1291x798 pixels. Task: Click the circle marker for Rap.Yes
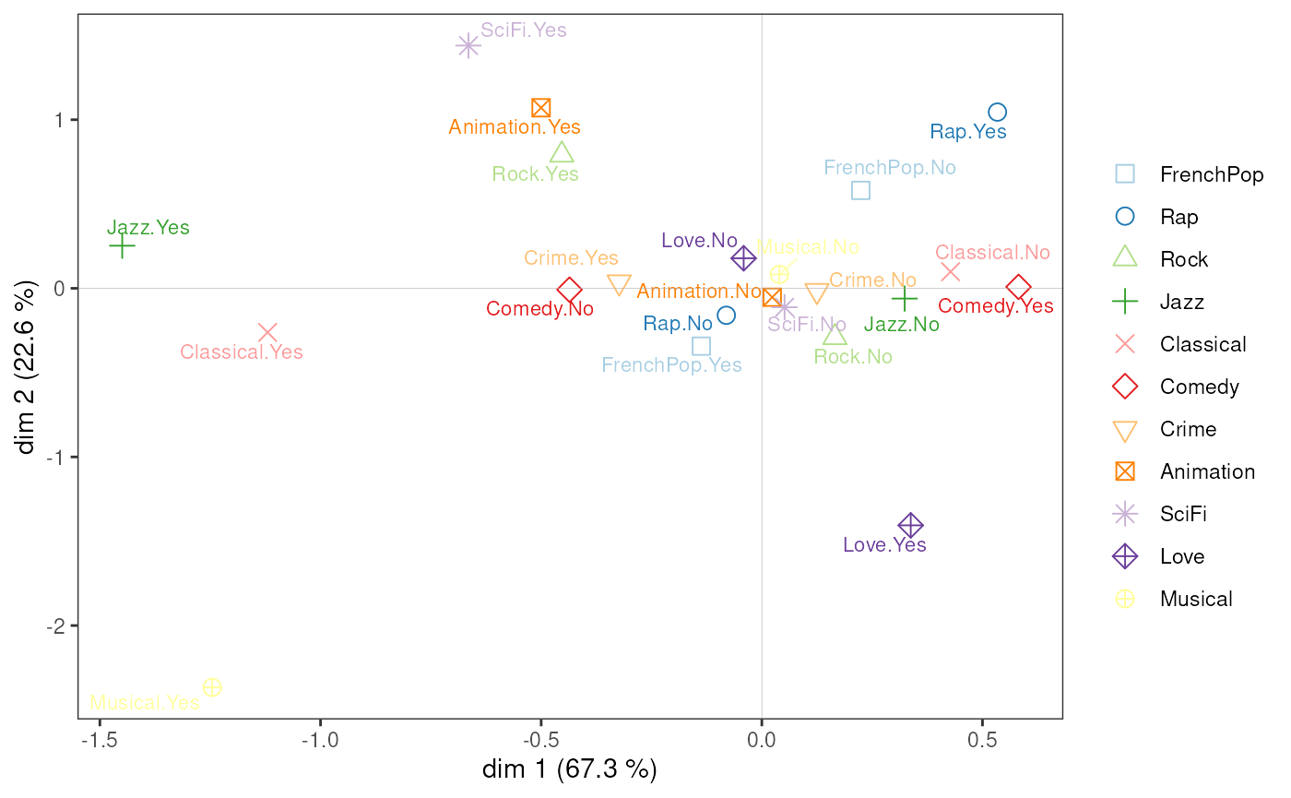(997, 113)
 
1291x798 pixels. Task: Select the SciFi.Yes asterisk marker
(468, 45)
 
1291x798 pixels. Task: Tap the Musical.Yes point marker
(212, 687)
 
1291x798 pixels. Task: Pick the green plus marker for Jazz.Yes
(122, 246)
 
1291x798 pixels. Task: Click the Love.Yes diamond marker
(911, 526)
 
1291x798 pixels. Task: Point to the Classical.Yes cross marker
(267, 332)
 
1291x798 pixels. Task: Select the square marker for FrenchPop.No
(860, 191)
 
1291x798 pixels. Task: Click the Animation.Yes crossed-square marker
(541, 108)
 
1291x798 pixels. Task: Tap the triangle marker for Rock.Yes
(562, 152)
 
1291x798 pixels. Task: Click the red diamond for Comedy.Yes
(1018, 288)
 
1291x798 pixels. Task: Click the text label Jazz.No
(901, 325)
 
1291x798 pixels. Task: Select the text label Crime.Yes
(571, 258)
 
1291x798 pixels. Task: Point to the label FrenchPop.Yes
(671, 365)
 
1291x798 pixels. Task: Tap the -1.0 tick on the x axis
(320, 740)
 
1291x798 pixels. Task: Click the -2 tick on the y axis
(58, 625)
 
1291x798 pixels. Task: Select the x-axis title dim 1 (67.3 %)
(569, 769)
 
